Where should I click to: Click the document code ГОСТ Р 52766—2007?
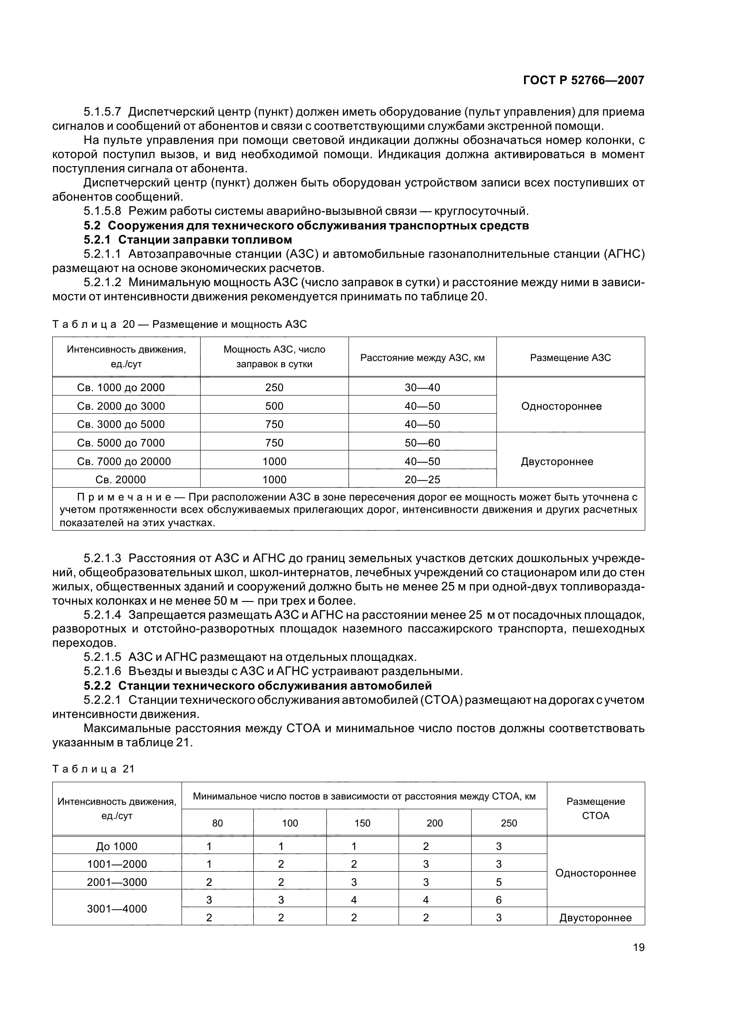click(583, 80)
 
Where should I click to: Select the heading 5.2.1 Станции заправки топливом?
click(188, 239)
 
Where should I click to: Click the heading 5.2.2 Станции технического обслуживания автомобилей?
click(258, 686)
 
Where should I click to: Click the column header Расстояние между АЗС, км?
click(422, 358)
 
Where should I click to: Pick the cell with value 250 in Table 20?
click(274, 388)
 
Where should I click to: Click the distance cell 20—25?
click(422, 480)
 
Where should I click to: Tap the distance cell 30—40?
click(422, 388)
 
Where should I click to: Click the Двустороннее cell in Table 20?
click(557, 462)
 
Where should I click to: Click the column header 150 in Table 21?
click(362, 823)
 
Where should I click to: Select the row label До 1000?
click(117, 846)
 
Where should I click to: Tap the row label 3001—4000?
click(117, 909)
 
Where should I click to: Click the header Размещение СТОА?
click(595, 808)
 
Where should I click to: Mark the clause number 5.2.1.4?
click(102, 615)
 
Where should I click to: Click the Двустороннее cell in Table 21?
click(595, 918)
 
